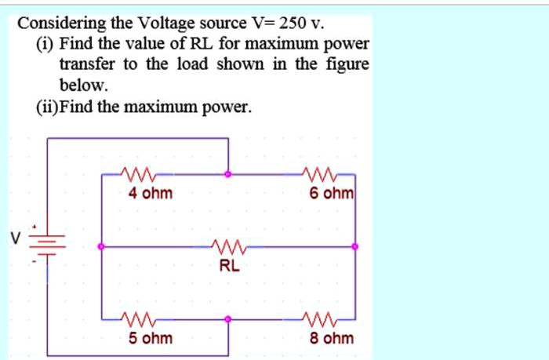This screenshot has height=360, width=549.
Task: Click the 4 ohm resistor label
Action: pos(151,193)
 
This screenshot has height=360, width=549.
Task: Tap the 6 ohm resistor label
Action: pos(333,193)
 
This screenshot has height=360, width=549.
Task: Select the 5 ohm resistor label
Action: pos(151,338)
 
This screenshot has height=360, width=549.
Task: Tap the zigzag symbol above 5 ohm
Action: pos(139,320)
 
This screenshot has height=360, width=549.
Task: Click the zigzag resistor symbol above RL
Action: pos(229,247)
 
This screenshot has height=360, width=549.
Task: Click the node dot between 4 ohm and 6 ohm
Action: pos(228,175)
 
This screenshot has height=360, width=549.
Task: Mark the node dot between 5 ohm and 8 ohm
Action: pos(228,320)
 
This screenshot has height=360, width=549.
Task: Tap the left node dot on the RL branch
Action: pos(100,247)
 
